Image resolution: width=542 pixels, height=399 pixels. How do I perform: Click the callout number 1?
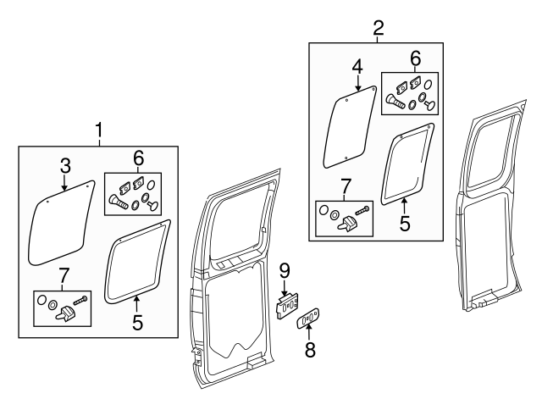(99, 130)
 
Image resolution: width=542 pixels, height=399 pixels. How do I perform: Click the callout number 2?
(379, 27)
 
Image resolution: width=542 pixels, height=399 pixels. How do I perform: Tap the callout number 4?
(357, 65)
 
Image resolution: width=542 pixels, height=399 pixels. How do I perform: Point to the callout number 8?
(310, 349)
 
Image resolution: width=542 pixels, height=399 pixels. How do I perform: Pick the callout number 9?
(285, 270)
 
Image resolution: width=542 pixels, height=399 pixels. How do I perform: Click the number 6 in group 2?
(415, 58)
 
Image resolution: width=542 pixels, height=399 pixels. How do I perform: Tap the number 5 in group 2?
(405, 224)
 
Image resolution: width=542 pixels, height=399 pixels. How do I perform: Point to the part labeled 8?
(307, 319)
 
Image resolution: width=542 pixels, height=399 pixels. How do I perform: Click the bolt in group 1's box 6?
(118, 201)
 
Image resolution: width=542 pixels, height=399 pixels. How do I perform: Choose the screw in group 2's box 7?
(364, 208)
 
